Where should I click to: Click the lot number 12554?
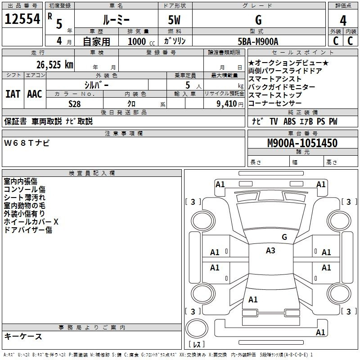coord(22,19)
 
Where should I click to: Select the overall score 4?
coord(343,21)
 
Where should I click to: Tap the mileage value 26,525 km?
coord(55,65)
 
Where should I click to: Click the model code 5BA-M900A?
coord(258,41)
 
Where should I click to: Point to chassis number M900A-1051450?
coord(302,143)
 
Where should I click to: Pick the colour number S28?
coord(75,104)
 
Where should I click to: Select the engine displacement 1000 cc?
coord(141,41)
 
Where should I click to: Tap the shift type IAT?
coord(13,94)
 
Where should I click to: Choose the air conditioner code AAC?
coord(35,94)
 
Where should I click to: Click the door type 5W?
coord(174,20)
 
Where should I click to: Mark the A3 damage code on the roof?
coord(270,251)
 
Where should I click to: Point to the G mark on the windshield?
coord(284,237)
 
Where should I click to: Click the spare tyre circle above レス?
coord(197,328)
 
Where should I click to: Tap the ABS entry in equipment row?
coord(289,121)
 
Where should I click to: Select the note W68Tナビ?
coord(27,143)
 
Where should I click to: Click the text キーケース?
coord(23,337)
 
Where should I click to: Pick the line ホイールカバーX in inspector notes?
coord(31,222)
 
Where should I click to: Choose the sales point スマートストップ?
coord(275,95)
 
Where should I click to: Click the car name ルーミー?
coord(116,20)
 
